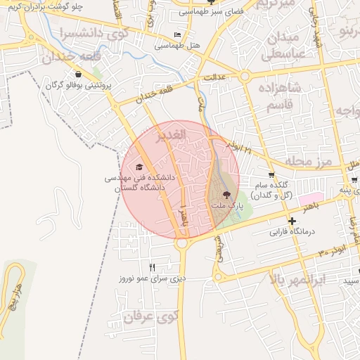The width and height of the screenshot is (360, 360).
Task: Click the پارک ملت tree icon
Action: (226, 194)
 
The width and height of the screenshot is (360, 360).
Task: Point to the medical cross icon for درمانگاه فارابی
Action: (292, 220)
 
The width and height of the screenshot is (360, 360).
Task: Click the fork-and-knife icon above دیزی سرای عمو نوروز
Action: (153, 267)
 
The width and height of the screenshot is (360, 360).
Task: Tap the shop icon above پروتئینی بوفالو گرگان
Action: (77, 74)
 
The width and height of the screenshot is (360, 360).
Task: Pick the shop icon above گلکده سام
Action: (271, 174)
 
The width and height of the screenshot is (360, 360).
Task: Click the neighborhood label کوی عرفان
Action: (148, 317)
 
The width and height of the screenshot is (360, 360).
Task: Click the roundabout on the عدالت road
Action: (245, 75)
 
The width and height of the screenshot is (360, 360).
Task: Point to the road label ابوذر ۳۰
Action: (333, 252)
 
